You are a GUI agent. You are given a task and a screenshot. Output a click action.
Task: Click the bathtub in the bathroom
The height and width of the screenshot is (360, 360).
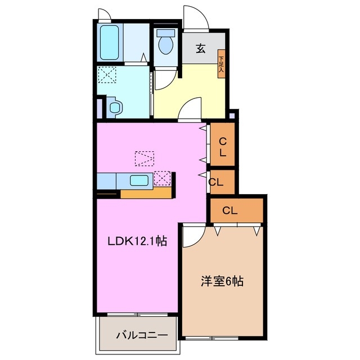110,43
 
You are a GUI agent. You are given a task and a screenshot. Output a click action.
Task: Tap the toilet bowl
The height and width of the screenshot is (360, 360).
165,43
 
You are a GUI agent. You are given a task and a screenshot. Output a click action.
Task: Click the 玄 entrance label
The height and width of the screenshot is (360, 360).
200,48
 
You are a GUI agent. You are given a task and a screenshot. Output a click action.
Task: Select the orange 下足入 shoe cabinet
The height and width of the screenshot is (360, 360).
221,64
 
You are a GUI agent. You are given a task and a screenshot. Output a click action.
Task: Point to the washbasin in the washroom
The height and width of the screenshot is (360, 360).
115,107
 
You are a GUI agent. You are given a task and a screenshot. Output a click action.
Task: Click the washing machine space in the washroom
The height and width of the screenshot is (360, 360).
107,75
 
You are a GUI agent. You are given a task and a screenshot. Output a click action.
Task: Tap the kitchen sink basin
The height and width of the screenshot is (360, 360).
139,180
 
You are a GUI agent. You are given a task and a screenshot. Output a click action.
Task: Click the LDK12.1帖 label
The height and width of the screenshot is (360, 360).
137,241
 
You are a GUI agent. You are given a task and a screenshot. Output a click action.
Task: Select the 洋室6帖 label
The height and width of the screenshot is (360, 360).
222,281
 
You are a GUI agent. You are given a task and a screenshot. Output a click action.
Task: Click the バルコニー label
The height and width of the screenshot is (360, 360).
142,335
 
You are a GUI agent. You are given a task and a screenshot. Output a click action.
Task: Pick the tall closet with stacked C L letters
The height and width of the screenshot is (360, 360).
223,144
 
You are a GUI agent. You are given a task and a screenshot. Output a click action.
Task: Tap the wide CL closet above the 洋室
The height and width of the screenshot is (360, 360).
236,210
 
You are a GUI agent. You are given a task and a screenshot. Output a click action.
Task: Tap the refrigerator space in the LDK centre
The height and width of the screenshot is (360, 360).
145,159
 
